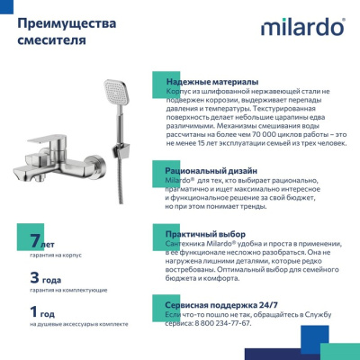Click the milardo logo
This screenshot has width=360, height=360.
302,27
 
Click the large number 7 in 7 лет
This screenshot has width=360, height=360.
35,242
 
